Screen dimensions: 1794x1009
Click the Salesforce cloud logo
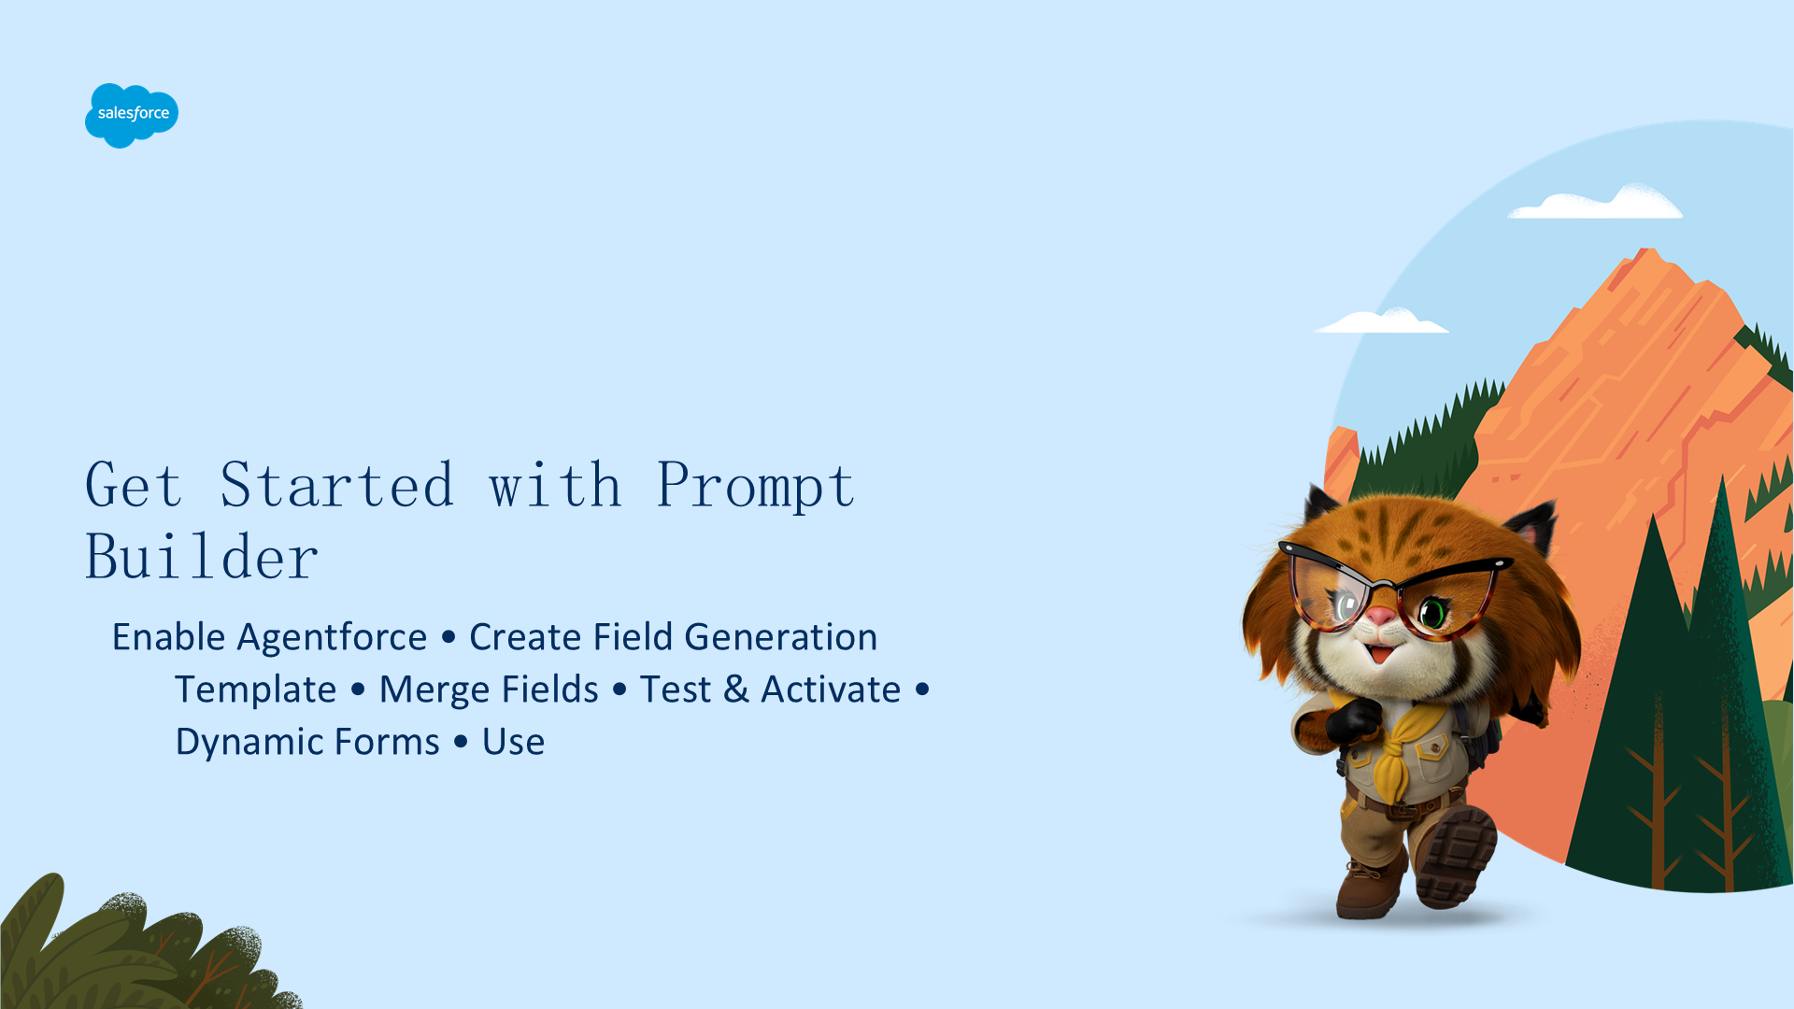(x=132, y=115)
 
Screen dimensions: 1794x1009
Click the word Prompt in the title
(x=755, y=486)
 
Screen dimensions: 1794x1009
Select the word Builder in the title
(x=202, y=557)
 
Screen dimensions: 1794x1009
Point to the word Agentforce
(x=332, y=637)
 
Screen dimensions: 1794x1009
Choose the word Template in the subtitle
(x=255, y=689)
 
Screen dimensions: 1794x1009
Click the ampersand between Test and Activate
(x=736, y=689)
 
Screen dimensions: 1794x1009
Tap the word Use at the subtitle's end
(x=513, y=742)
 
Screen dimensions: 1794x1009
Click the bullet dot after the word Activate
(x=922, y=689)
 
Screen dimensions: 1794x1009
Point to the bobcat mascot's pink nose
(x=1380, y=617)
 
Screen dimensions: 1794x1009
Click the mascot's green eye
(x=1431, y=614)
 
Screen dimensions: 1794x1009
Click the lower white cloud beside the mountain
(x=1381, y=320)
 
